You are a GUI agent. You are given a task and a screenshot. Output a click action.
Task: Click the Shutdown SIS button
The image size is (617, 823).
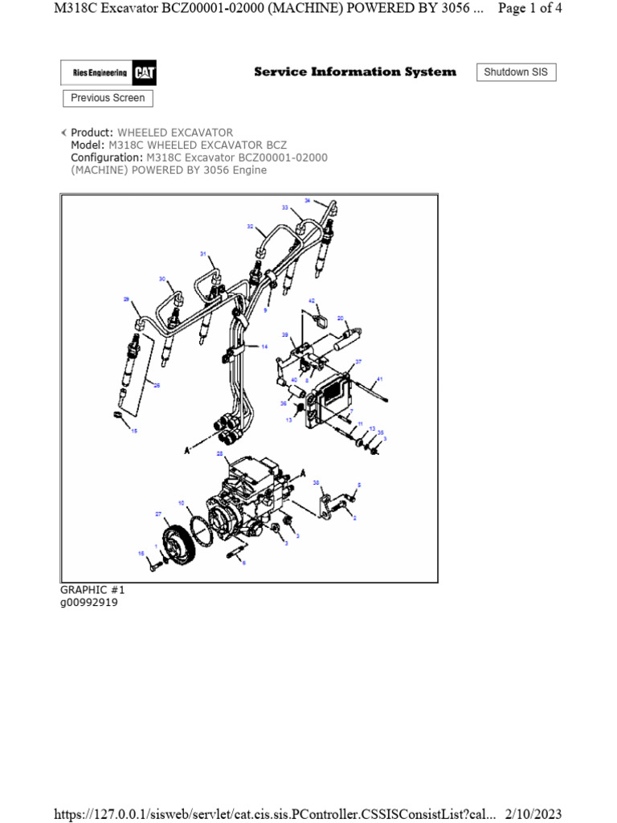[517, 72]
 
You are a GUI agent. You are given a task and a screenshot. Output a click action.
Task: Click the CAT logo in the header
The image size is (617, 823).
[145, 74]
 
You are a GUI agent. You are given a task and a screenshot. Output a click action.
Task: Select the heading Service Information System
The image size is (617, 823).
[354, 72]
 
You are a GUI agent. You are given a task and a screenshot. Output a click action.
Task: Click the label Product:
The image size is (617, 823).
[92, 133]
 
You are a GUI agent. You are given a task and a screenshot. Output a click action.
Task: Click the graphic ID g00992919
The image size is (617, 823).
[89, 603]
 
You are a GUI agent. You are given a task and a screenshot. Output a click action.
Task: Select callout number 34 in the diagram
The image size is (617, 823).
[307, 200]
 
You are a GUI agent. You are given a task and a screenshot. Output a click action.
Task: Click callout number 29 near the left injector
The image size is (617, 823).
[126, 299]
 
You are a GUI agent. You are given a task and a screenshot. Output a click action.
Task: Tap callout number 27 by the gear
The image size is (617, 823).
[158, 513]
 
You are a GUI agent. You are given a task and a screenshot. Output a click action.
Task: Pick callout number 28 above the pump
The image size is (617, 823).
[219, 454]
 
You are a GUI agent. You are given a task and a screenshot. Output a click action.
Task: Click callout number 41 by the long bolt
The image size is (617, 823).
[380, 379]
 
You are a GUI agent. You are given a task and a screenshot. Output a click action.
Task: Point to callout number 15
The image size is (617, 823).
[134, 432]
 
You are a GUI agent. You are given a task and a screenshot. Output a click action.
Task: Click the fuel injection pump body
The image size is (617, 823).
[249, 494]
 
